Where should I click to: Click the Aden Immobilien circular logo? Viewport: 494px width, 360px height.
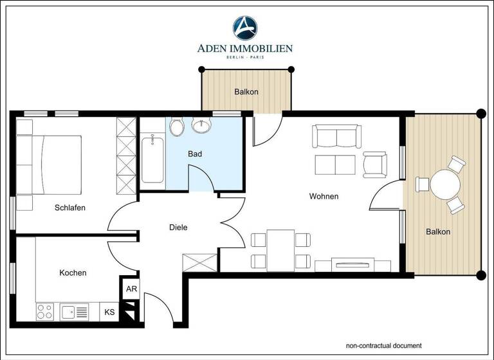tap(245, 28)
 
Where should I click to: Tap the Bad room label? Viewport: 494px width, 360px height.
tap(195, 154)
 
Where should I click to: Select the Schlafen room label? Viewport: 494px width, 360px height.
tap(70, 208)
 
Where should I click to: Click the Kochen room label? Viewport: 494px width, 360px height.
tap(73, 273)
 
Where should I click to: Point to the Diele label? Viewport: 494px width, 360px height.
tap(178, 227)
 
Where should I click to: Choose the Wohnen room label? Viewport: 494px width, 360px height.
tap(324, 196)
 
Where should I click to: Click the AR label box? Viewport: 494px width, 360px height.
tap(131, 289)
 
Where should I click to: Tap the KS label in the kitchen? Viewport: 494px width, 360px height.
tap(110, 312)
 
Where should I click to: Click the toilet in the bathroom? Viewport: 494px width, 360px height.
tap(177, 127)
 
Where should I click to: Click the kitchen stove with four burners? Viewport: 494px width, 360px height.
tap(45, 312)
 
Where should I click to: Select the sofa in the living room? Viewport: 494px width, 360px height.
tap(334, 136)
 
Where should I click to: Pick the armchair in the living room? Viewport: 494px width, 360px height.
tap(374, 165)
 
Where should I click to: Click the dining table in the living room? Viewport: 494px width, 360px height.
tap(280, 250)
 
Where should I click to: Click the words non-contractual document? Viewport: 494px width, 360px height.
tap(383, 345)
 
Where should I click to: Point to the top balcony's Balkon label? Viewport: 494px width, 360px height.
tap(246, 92)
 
